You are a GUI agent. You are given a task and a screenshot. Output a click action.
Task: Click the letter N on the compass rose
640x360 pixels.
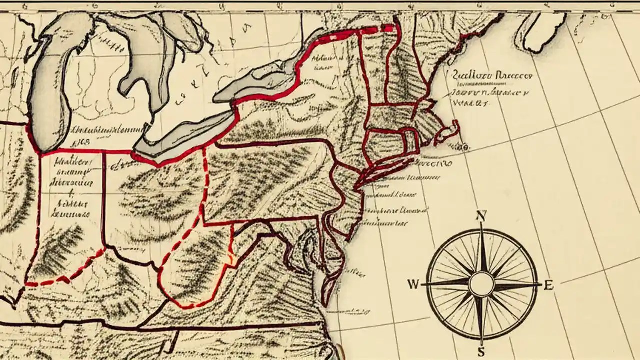click(x=481, y=216)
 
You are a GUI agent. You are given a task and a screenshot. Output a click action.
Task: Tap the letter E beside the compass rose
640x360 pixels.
click(x=549, y=286)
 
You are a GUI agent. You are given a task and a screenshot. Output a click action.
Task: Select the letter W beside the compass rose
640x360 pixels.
click(x=413, y=285)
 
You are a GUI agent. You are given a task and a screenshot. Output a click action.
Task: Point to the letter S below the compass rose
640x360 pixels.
click(x=481, y=352)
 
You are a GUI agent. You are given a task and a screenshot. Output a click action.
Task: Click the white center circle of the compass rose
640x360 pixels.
click(x=481, y=284)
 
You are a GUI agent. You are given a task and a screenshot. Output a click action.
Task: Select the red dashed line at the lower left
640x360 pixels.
click(x=65, y=272)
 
